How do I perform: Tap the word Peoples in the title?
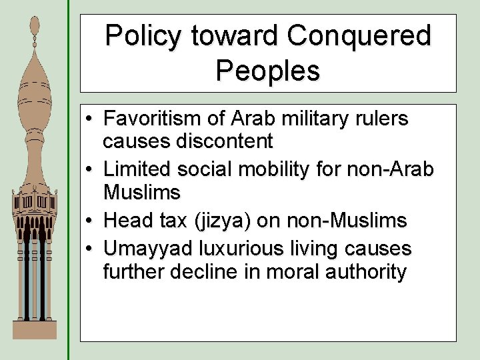pyautogui.click(x=268, y=70)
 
